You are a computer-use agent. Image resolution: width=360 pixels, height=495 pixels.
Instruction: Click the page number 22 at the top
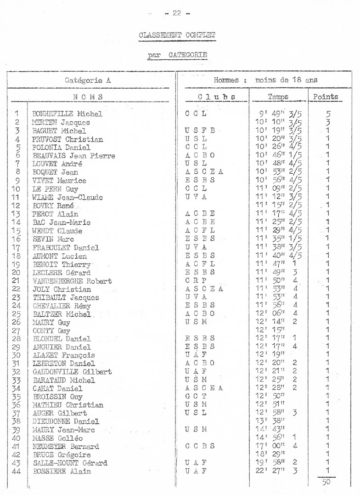point(177,13)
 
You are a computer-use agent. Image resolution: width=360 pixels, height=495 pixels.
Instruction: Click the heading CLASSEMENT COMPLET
point(177,34)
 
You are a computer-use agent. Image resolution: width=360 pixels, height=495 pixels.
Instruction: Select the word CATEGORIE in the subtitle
point(188,56)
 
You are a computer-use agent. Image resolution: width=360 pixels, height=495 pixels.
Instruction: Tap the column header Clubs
point(212,97)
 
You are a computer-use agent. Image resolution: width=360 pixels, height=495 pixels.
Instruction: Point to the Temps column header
point(278,97)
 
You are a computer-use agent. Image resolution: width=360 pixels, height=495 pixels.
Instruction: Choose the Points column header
point(326,97)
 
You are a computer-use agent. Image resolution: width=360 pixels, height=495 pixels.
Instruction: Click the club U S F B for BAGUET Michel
point(200,131)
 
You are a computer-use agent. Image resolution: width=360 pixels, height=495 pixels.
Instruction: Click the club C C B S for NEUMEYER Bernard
point(200,446)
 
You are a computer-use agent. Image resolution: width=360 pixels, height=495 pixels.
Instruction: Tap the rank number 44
point(17,471)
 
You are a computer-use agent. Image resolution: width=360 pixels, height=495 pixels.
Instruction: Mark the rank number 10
point(17,188)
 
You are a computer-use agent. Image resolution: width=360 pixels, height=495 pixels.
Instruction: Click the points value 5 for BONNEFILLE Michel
point(327,114)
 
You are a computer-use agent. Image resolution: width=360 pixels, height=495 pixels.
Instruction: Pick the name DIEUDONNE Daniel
point(66,421)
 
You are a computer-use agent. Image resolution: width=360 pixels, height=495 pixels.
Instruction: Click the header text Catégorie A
point(89,80)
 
